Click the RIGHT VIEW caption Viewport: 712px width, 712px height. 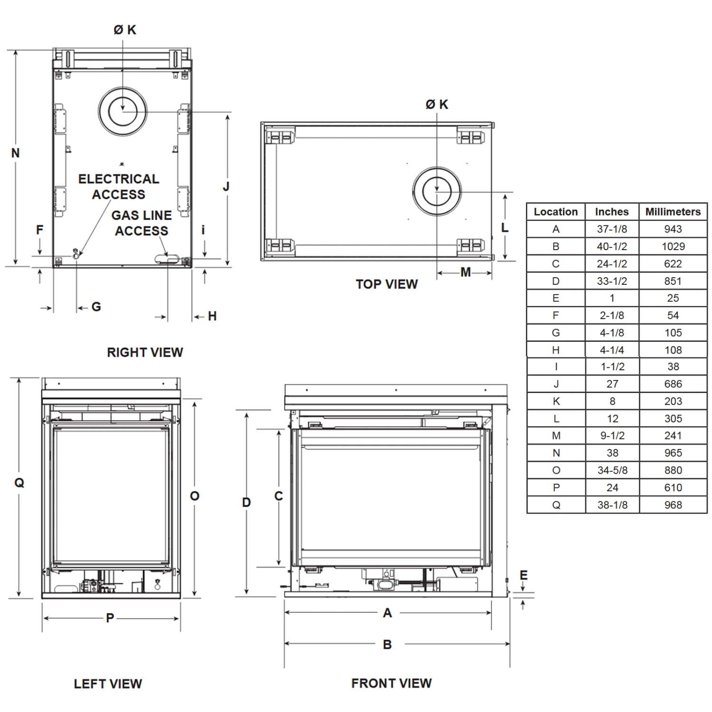[x=145, y=352]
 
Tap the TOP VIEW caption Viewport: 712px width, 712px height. [x=386, y=284]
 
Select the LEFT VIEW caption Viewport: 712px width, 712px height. [x=108, y=684]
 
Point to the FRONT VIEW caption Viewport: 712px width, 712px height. [x=391, y=683]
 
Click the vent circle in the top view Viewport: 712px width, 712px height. [x=437, y=191]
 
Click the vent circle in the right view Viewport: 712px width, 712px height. [x=123, y=112]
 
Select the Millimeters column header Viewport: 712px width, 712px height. [x=673, y=212]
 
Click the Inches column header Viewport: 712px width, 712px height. [x=611, y=212]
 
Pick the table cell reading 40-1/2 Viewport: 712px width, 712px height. [x=611, y=246]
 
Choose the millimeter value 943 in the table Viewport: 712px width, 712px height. [x=673, y=229]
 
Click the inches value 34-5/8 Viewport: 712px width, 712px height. [x=612, y=470]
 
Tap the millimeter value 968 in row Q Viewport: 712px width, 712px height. [x=673, y=505]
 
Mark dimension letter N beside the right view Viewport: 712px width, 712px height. [x=16, y=153]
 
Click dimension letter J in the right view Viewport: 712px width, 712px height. [x=226, y=187]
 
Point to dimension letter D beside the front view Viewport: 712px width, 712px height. [x=246, y=502]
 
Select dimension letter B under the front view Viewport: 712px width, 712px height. [x=387, y=645]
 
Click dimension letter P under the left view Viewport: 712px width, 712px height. [x=110, y=618]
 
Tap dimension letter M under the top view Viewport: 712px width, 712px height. [x=466, y=272]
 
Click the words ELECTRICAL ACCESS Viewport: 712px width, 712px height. [x=119, y=187]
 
